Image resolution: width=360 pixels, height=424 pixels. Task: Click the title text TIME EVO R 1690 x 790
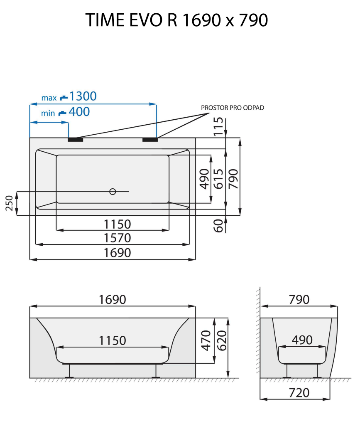click(176, 20)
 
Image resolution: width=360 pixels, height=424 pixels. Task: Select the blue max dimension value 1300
click(83, 96)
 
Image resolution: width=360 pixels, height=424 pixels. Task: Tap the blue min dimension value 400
click(79, 112)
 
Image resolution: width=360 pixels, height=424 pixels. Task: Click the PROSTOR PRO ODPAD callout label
click(233, 108)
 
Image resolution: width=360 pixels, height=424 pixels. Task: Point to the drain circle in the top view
click(112, 191)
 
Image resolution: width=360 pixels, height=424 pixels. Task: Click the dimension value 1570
click(118, 238)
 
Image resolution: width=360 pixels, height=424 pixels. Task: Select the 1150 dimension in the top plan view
click(118, 224)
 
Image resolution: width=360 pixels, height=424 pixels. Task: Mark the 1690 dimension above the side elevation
click(112, 299)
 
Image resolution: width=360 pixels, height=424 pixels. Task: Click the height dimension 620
click(220, 340)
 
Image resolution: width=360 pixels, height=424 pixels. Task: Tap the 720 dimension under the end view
click(299, 392)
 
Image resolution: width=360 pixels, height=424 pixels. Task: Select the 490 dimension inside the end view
click(302, 340)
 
